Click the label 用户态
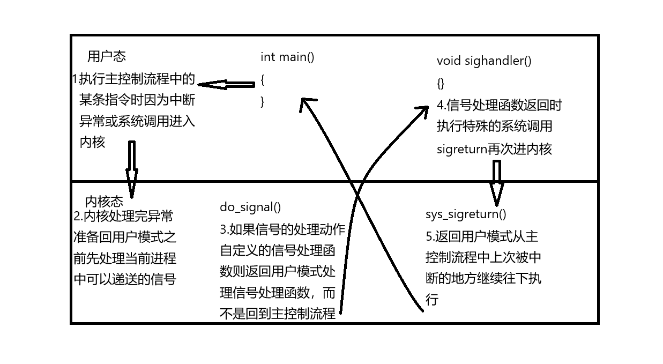tap(107, 56)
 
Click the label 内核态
tap(104, 202)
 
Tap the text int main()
tap(287, 57)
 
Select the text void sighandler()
tap(484, 61)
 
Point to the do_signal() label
tap(250, 207)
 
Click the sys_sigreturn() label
tap(466, 214)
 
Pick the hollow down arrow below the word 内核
tap(131, 169)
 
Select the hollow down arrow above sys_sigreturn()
tap(496, 183)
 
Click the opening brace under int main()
tap(263, 80)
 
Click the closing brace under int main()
tap(263, 101)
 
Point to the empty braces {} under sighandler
tap(441, 83)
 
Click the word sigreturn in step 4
tap(461, 149)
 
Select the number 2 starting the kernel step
tap(77, 217)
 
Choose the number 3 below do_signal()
tap(223, 229)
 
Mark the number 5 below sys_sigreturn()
tap(429, 236)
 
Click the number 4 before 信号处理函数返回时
tap(440, 105)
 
